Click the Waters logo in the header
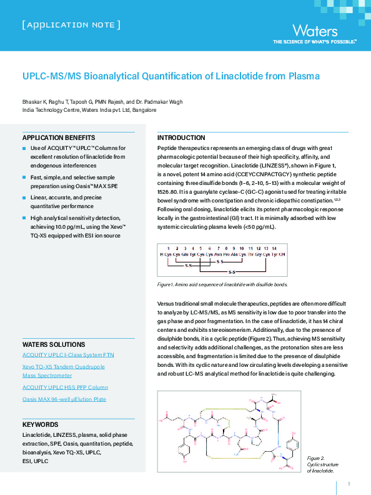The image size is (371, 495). point(315,31)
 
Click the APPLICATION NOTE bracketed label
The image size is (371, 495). point(71,25)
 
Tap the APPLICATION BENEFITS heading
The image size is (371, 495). point(59,137)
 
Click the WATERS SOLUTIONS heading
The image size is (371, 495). point(54,344)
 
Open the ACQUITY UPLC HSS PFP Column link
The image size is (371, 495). point(65,387)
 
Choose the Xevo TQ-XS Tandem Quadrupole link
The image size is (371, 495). point(64,367)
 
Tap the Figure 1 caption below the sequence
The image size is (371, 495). point(222,284)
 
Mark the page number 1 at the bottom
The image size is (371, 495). point(349,484)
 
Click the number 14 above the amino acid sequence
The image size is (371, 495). point(274,249)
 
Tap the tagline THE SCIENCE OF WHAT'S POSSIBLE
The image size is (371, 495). point(314,42)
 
